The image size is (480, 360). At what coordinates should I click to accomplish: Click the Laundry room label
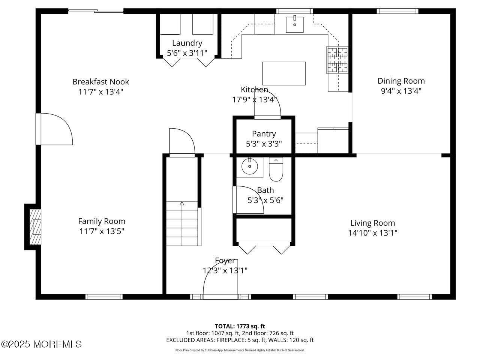point(187,43)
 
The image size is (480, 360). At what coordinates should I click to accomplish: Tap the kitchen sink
point(295,24)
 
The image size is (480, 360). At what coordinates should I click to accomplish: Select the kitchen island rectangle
point(284,73)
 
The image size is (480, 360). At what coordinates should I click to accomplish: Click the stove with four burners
point(337,60)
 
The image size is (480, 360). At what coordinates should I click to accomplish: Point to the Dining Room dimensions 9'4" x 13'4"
point(401,91)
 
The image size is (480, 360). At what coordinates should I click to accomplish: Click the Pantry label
point(264,133)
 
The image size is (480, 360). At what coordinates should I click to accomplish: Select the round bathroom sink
point(248,166)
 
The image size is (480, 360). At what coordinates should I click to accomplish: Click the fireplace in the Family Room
point(35,227)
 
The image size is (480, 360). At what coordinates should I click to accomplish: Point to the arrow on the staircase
point(182,204)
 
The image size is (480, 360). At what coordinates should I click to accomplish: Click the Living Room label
point(372,223)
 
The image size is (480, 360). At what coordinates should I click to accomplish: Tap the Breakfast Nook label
point(100,82)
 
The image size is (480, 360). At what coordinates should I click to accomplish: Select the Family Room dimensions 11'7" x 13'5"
point(101,231)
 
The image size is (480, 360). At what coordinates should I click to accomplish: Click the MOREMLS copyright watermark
point(41,344)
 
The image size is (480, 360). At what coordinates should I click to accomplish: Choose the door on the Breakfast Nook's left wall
point(54,129)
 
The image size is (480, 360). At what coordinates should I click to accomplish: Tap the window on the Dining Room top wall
point(397,11)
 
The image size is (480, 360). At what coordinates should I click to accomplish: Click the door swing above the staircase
point(182,142)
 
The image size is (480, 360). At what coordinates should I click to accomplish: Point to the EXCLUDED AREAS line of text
point(240,340)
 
